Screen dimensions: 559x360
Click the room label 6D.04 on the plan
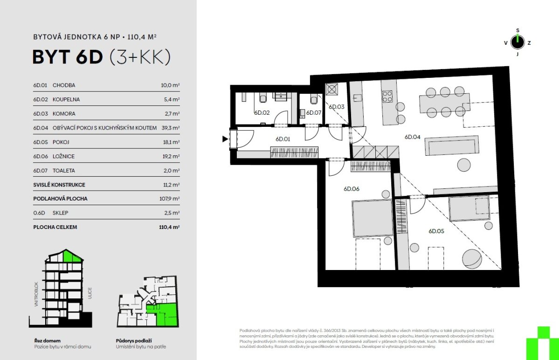(412, 137)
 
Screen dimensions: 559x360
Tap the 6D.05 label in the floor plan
(436, 231)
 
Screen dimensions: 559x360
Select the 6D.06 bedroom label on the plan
(351, 189)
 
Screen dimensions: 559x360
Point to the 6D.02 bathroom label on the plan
(262, 113)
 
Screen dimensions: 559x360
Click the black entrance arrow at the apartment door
(225, 139)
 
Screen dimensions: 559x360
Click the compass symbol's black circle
(518, 42)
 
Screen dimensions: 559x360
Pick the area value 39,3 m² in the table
(171, 128)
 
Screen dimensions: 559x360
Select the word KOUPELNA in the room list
(66, 99)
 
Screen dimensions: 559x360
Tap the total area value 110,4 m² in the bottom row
(169, 227)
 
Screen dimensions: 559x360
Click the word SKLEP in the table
(60, 213)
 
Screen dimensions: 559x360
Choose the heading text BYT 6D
(68, 57)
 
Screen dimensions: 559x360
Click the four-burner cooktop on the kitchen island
(387, 96)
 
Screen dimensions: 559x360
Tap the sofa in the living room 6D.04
(452, 145)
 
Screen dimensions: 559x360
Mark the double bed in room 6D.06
(373, 218)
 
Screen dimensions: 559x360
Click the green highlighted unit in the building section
(72, 256)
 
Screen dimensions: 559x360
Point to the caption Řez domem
(48, 341)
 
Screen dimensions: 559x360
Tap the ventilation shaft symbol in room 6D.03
(331, 89)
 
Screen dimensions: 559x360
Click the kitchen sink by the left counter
(357, 97)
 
